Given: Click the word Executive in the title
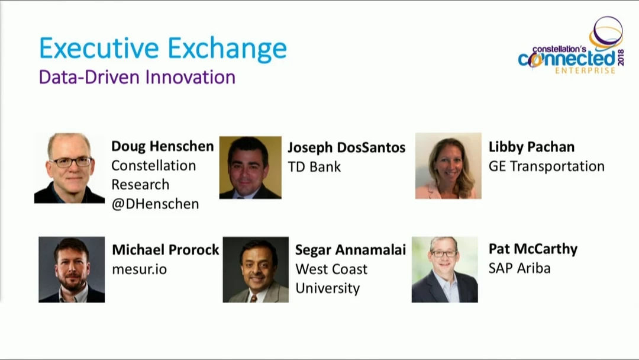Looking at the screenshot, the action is (99, 48).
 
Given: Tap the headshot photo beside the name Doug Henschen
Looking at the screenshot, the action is (69, 168).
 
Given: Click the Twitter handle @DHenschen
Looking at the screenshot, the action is (155, 204).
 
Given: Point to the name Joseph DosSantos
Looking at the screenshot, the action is (346, 147).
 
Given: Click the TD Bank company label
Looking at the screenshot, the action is (314, 167).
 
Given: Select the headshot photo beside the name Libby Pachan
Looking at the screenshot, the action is (448, 166).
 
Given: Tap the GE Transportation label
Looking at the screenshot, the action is (547, 166).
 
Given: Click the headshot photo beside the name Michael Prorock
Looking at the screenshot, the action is (72, 269).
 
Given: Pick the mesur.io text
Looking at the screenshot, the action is (140, 269).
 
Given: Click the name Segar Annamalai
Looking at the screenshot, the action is (350, 250).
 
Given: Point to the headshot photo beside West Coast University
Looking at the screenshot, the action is (256, 269).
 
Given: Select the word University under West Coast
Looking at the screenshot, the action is (328, 289).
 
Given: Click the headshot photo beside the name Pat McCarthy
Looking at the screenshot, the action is (444, 269).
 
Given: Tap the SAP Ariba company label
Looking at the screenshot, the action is (519, 268).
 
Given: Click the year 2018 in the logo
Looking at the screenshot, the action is (621, 57).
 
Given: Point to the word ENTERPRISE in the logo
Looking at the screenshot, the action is (585, 71).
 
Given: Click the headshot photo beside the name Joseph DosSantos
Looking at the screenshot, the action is (250, 168).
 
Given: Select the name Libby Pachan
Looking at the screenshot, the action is (531, 147).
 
